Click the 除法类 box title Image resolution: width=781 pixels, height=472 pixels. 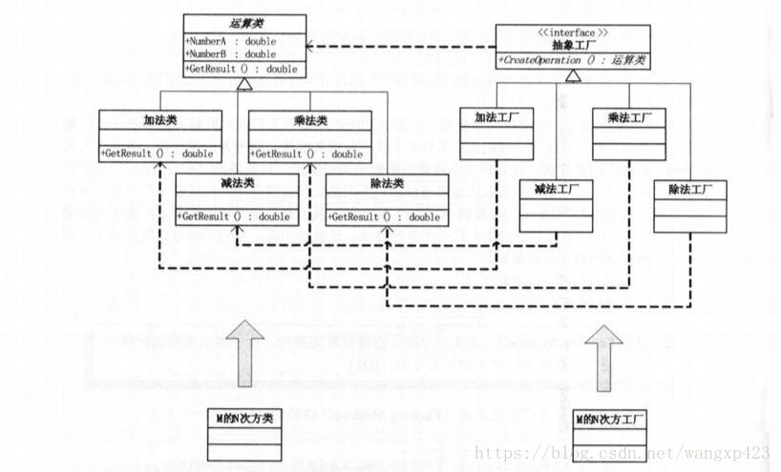coord(386,183)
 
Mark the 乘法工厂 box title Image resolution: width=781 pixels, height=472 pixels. coord(626,117)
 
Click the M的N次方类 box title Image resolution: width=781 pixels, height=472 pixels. coord(244,418)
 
